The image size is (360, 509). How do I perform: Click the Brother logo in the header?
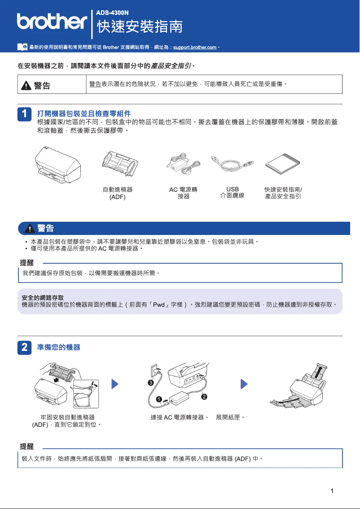click(x=52, y=21)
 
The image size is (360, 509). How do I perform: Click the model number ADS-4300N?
click(x=110, y=12)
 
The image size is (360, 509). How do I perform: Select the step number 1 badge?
click(x=25, y=114)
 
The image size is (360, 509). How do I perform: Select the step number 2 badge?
click(x=25, y=347)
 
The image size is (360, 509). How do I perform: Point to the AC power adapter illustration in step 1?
click(x=183, y=163)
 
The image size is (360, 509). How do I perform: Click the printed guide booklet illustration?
click(x=282, y=164)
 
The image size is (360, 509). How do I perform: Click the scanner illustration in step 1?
click(x=58, y=164)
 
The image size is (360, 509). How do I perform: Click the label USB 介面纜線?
click(x=233, y=192)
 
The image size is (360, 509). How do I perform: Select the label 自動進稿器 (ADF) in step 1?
click(x=118, y=193)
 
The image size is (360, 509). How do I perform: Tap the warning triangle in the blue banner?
click(x=30, y=229)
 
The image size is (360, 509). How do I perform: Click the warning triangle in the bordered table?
click(x=26, y=85)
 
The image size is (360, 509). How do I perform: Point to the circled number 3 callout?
click(x=151, y=382)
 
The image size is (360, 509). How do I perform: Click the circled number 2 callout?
click(x=204, y=397)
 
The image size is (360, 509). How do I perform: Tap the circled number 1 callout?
click(x=159, y=399)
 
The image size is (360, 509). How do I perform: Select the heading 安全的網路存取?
click(x=43, y=297)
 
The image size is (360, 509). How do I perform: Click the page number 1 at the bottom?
click(x=332, y=491)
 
